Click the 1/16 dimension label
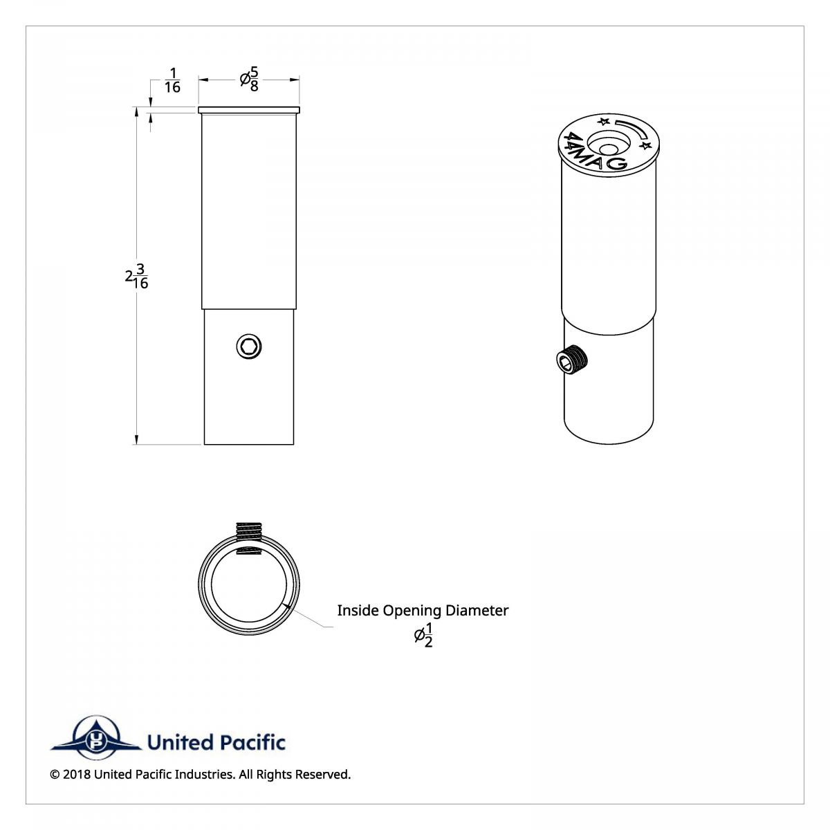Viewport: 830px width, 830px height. pos(172,80)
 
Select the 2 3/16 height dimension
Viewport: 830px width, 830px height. pos(137,276)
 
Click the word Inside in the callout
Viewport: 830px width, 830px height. pos(358,611)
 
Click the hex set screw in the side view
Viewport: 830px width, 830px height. pos(249,346)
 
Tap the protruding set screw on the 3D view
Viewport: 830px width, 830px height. pos(572,359)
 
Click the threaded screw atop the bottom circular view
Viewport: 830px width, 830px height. pos(250,531)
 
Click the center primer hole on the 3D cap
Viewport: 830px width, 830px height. pos(608,149)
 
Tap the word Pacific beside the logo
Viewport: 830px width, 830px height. pos(252,743)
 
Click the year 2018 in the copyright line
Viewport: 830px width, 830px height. pos(76,775)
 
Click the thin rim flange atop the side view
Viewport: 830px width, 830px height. pos(249,110)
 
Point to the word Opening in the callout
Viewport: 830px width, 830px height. pos(412,611)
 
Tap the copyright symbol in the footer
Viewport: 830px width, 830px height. pos(55,775)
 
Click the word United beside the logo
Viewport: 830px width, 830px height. pos(180,743)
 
